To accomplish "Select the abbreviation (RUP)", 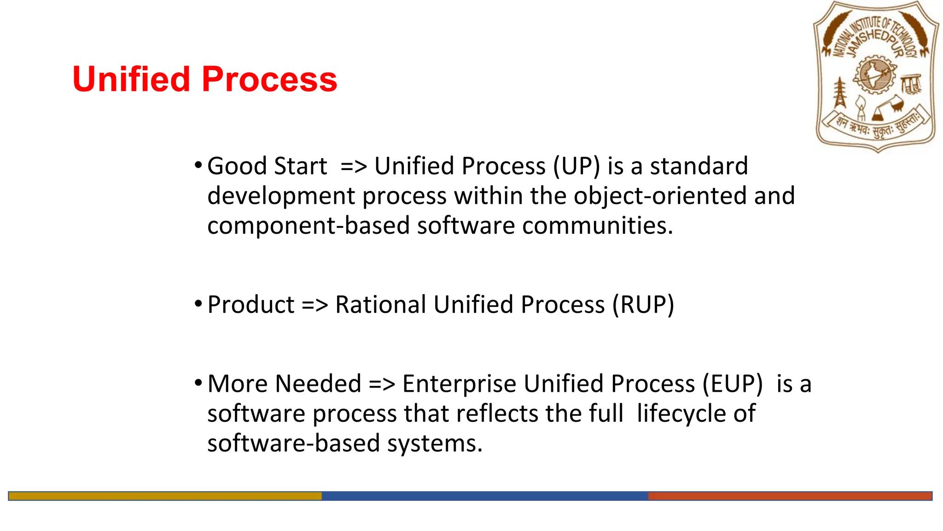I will point(643,305).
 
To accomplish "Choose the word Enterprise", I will point(459,384).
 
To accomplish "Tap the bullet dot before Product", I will point(198,304).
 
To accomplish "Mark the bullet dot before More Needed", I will point(198,383).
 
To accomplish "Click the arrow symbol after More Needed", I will point(382,385).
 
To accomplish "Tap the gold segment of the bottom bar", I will point(165,496).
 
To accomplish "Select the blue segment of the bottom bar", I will point(484,496).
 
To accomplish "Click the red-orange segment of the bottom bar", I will point(790,496).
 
